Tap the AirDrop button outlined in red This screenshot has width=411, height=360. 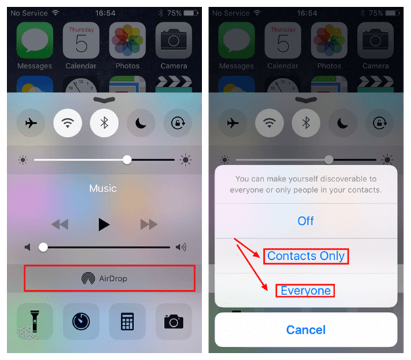109,278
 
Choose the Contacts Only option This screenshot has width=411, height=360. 306,256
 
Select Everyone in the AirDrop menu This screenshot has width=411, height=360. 306,291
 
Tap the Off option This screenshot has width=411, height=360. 306,221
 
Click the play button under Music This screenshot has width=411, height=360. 103,224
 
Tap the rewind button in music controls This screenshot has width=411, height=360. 59,224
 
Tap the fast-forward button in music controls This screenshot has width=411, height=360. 148,224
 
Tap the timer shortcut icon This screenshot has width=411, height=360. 81,321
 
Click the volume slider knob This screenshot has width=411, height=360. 43,247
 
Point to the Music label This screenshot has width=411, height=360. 103,189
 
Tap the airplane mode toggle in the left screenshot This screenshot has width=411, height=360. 30,123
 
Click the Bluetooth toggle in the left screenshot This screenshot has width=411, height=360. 104,123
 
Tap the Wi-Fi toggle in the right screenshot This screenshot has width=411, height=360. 269,123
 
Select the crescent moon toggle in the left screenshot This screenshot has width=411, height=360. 141,123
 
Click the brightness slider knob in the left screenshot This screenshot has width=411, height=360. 127,160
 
